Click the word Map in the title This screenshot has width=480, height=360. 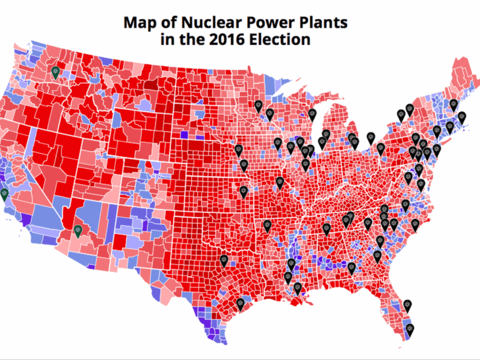click(141, 23)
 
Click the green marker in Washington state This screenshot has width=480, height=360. click(57, 72)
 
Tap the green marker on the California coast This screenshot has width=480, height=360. click(4, 194)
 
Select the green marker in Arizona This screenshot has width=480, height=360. click(78, 230)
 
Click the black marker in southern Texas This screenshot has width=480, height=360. click(240, 304)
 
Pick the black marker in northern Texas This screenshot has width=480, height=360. click(224, 261)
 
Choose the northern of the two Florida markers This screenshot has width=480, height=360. click(409, 304)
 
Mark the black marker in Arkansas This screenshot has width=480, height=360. click(267, 226)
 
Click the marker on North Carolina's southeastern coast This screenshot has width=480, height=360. click(415, 225)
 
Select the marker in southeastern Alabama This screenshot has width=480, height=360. click(351, 268)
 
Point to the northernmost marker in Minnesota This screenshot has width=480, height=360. click(258, 105)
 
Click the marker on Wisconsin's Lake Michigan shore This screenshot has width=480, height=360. click(313, 115)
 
